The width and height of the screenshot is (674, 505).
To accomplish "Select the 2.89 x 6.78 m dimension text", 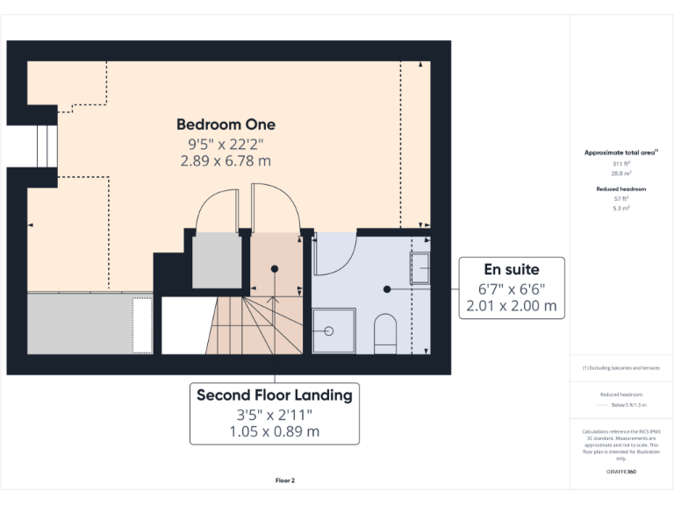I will (226, 160).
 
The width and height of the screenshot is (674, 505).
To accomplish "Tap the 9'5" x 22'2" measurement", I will (226, 143).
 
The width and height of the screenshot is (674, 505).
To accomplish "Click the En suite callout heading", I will (512, 269).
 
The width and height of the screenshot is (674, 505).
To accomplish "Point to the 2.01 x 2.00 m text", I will (512, 306).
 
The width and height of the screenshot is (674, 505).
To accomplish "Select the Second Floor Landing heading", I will (274, 395).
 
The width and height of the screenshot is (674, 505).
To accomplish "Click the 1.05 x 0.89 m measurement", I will (274, 431).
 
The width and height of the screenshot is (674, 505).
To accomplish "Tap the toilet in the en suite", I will (385, 334).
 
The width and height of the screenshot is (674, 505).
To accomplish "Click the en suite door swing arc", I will (337, 256).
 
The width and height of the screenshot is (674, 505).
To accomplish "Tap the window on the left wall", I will (44, 146).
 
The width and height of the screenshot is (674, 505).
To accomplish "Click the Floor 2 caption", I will (285, 480).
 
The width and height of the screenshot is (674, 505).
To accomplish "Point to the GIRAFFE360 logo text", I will (620, 472).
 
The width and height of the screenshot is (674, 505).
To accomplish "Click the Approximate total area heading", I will (620, 153).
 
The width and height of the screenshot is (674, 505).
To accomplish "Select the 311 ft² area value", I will (620, 164).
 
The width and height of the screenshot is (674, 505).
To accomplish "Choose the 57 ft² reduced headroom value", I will (620, 198).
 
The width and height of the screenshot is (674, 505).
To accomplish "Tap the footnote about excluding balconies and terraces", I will (620, 367).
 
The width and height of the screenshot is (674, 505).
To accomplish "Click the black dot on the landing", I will (275, 268).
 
